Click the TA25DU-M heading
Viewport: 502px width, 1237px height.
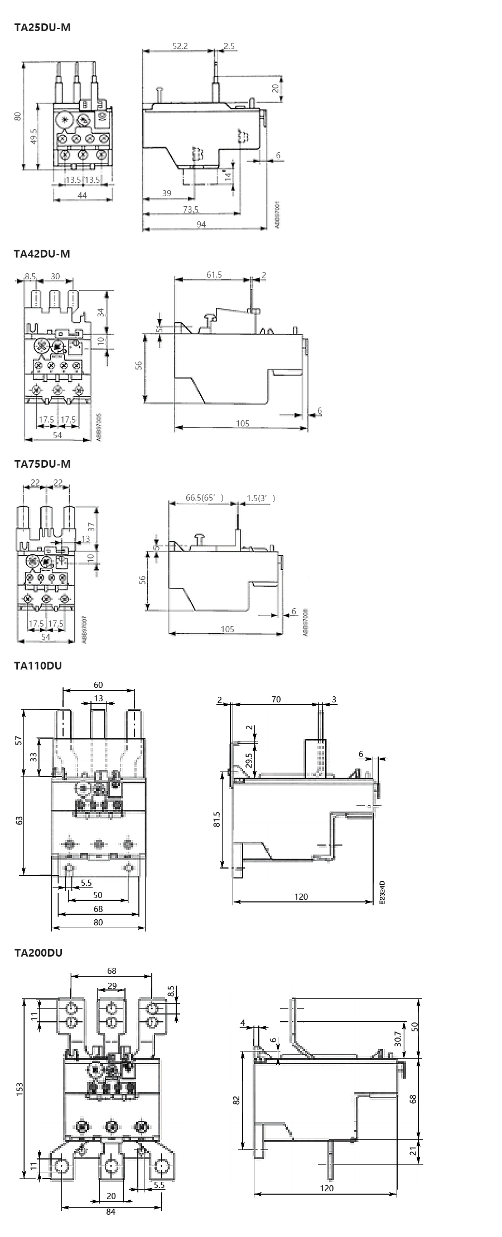pos(42,27)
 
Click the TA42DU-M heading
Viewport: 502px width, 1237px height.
pos(42,254)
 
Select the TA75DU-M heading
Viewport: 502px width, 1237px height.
pos(42,464)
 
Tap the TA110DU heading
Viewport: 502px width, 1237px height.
pos(38,666)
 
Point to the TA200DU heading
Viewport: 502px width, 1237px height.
pos(38,953)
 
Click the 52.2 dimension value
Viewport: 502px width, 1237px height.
pos(180,46)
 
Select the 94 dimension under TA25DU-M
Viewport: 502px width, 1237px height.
pos(201,224)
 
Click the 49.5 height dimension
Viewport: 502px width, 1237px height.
pos(33,137)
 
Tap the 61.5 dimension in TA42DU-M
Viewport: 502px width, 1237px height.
pos(214,275)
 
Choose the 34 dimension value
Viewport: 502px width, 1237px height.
pos(101,312)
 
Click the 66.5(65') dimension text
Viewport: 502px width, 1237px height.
pos(204,498)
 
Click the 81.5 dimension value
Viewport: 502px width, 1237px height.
pos(217,819)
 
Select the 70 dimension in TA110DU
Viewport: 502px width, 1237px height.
pos(276,699)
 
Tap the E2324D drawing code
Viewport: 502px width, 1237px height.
pos(382,892)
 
